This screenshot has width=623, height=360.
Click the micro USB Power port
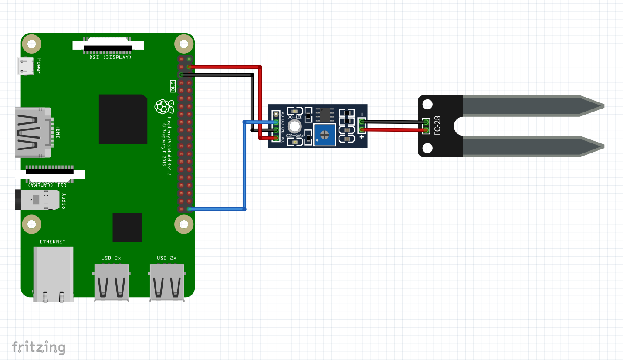[25, 66]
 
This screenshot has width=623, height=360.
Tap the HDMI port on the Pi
[33, 132]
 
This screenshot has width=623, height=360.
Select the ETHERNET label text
[53, 241]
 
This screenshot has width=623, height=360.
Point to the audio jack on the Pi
[37, 200]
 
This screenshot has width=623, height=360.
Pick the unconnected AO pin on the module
[276, 114]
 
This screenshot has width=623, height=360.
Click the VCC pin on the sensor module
[276, 138]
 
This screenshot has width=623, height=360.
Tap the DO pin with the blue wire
[276, 122]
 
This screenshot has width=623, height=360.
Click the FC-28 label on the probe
[437, 125]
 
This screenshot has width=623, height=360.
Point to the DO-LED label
[295, 117]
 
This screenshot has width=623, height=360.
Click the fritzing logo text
[39, 347]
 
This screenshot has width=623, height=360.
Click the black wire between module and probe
[392, 122]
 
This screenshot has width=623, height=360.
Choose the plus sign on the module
[362, 136]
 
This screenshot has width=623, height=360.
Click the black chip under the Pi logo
[127, 228]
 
